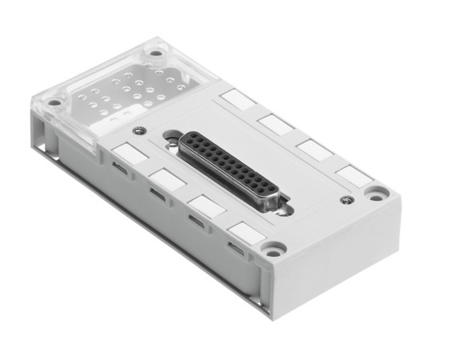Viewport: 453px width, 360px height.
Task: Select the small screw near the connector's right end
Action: click(345, 198)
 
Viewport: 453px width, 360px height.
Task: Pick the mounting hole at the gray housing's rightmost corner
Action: click(375, 192)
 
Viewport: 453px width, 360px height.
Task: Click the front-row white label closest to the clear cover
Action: click(126, 152)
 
